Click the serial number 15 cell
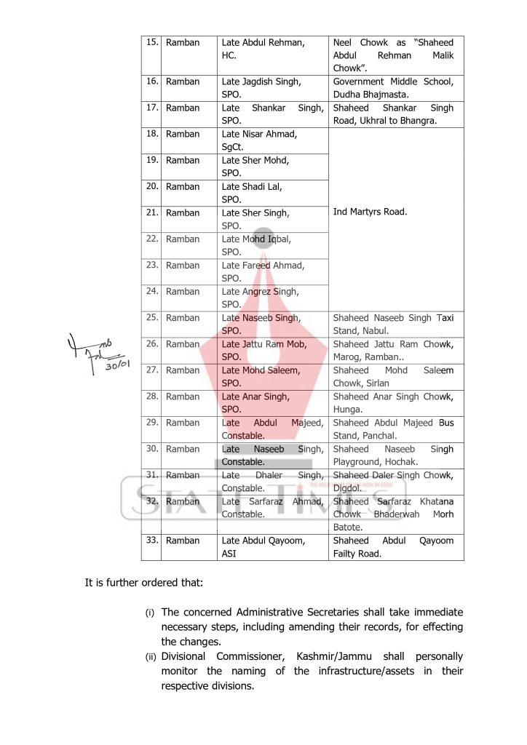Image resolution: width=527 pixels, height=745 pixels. point(151,42)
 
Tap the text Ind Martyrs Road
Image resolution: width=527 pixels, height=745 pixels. point(370,212)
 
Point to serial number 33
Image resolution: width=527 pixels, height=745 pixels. point(151,540)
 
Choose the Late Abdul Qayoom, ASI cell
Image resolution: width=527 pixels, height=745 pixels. point(263,547)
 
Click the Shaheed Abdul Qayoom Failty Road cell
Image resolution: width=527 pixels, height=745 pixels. point(393,547)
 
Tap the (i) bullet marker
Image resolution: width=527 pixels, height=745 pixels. point(151,613)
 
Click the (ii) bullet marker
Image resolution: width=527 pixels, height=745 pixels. point(151,657)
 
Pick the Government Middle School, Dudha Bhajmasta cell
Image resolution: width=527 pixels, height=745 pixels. point(393,88)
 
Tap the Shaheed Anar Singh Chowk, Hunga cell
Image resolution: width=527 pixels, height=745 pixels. point(393,403)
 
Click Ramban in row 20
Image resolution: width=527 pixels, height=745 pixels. point(183,186)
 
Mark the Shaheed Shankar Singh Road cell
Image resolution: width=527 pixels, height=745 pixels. point(393,114)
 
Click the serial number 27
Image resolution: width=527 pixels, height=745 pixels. point(151,370)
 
